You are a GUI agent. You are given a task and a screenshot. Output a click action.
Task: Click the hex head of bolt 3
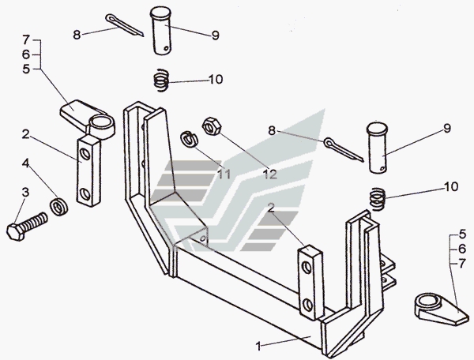click(x=15, y=233)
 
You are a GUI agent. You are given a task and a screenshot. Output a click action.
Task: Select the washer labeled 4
click(x=58, y=207)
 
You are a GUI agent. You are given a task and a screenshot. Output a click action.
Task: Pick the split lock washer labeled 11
click(x=189, y=140)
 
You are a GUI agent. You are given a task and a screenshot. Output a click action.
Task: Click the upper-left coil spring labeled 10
click(x=160, y=81)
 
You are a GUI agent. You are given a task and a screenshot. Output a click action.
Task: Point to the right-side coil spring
click(x=377, y=199)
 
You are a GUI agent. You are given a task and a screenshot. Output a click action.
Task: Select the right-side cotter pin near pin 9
click(x=344, y=149)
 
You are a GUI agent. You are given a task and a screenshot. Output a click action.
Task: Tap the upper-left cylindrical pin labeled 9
click(x=161, y=31)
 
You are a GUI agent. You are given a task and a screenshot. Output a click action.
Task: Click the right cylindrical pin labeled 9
click(x=378, y=148)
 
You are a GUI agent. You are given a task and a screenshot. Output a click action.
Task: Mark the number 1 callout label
click(x=258, y=346)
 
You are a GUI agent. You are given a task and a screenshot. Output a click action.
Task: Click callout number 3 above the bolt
click(x=25, y=193)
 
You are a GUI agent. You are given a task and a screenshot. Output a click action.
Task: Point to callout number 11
click(x=224, y=174)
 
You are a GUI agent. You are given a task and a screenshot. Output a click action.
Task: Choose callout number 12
click(x=270, y=174)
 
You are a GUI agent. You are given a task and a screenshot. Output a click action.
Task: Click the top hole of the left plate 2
click(x=86, y=155)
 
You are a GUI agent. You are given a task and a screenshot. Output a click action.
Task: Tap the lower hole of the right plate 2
click(x=307, y=305)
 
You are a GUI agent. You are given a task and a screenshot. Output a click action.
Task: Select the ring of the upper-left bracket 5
click(x=102, y=125)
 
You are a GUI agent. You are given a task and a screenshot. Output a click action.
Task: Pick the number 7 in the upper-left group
click(x=26, y=39)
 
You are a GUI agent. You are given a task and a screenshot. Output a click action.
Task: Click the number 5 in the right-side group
click(x=462, y=234)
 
